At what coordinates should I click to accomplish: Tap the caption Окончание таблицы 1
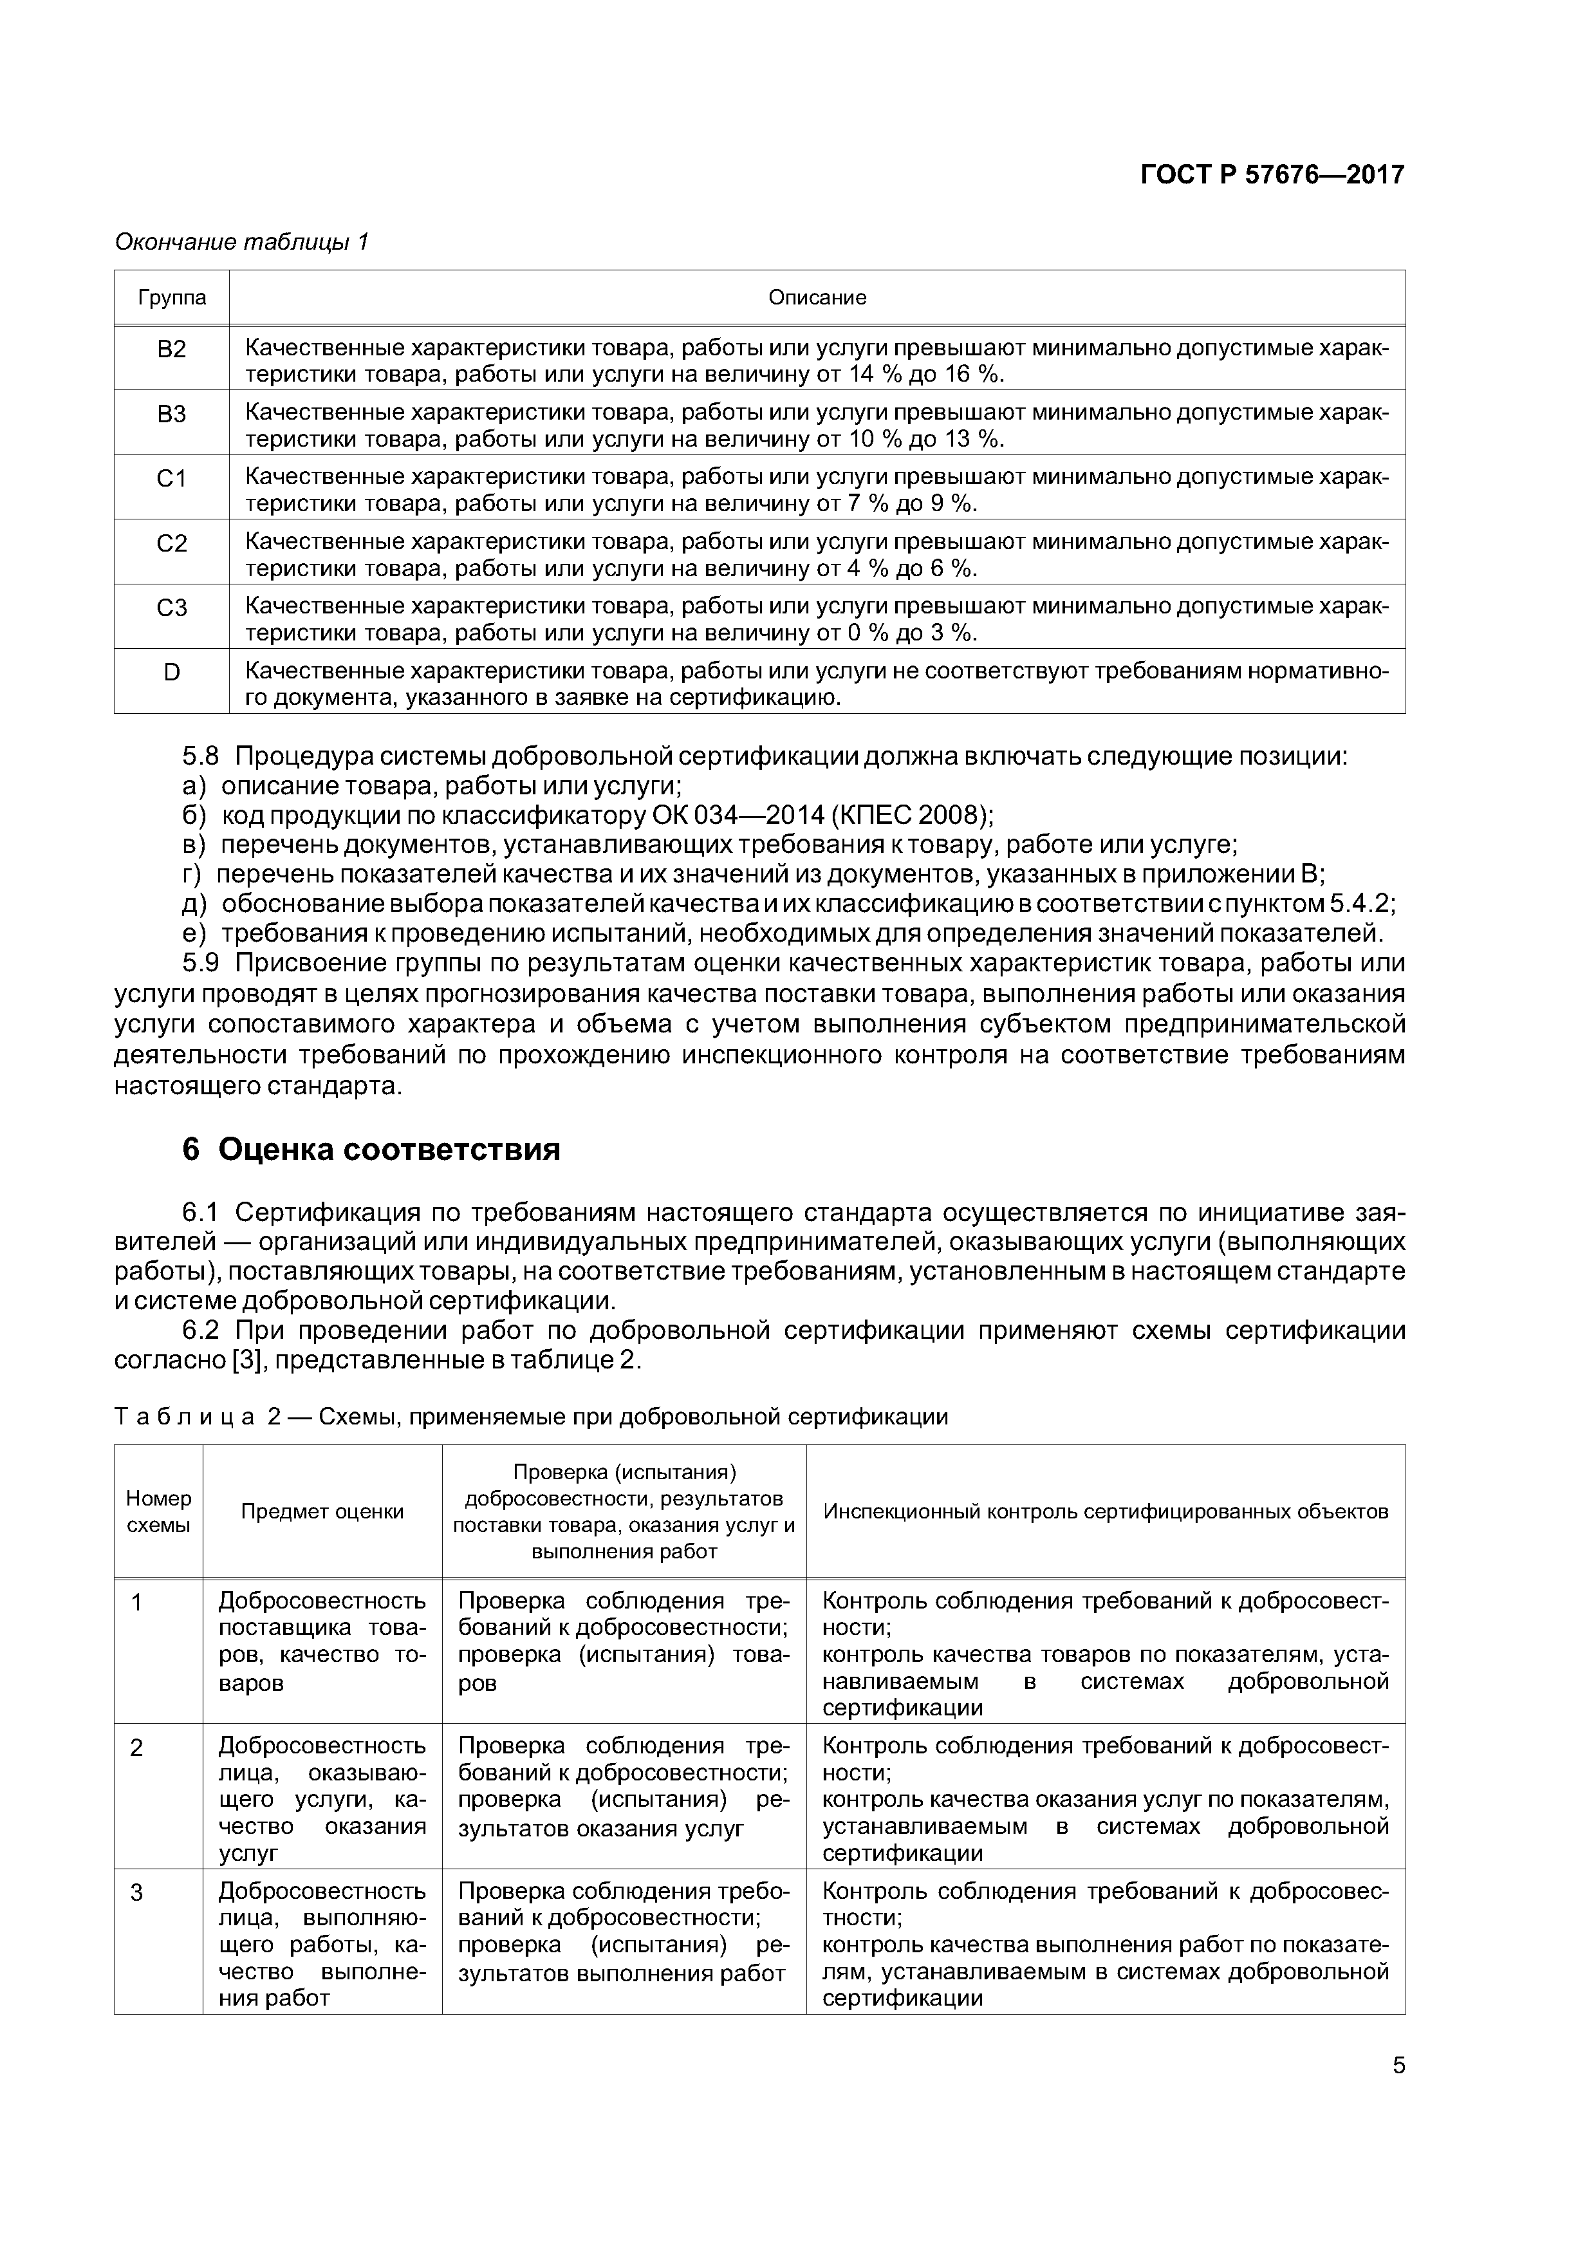point(242,242)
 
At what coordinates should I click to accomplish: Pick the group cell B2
point(172,350)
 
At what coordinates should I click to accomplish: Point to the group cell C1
point(172,479)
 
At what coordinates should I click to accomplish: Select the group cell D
point(172,673)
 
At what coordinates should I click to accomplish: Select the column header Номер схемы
point(158,1511)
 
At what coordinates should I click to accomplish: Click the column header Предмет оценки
point(322,1511)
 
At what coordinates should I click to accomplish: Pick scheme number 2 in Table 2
point(138,1748)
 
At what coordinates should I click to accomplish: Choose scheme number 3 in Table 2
point(138,1893)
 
